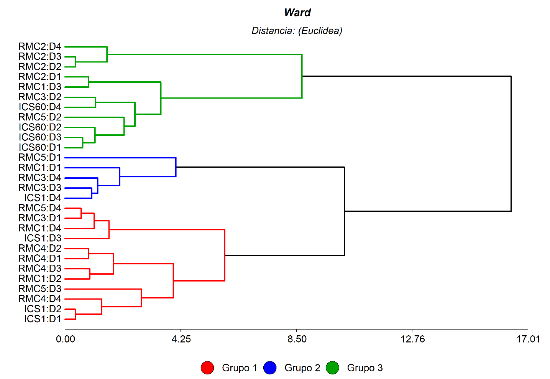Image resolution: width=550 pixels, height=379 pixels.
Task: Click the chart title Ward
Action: pyautogui.click(x=297, y=13)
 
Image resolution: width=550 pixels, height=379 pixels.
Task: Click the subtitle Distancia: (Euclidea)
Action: pyautogui.click(x=297, y=31)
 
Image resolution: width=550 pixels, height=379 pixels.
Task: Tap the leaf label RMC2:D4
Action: pyautogui.click(x=40, y=47)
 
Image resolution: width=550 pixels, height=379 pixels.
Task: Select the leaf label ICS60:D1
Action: pyautogui.click(x=40, y=148)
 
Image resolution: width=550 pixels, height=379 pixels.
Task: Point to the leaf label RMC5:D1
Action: pyautogui.click(x=40, y=158)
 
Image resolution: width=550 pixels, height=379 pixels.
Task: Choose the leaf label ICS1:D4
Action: pyautogui.click(x=43, y=198)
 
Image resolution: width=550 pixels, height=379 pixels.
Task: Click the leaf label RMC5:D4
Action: pyautogui.click(x=40, y=208)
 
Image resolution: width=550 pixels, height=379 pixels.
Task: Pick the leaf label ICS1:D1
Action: pyautogui.click(x=43, y=319)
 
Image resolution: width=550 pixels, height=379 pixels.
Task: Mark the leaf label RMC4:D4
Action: pyautogui.click(x=40, y=299)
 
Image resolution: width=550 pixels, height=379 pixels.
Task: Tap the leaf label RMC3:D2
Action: pyautogui.click(x=40, y=97)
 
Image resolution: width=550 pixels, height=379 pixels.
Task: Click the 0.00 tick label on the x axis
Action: pyautogui.click(x=66, y=339)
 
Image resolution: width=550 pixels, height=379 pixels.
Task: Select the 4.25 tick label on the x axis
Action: pyautogui.click(x=181, y=339)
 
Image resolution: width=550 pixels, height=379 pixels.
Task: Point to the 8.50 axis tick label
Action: pyautogui.click(x=297, y=339)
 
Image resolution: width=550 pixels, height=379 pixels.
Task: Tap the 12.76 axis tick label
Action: pyautogui.click(x=413, y=339)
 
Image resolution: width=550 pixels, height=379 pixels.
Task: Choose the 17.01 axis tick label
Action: pyautogui.click(x=528, y=339)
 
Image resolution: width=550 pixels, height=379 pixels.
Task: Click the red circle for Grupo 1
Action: pyautogui.click(x=207, y=368)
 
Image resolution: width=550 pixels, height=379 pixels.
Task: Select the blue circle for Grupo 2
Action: pyautogui.click(x=270, y=368)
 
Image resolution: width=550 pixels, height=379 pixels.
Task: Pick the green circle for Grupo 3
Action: pyautogui.click(x=333, y=368)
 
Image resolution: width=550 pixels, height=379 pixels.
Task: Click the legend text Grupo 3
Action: pyautogui.click(x=365, y=368)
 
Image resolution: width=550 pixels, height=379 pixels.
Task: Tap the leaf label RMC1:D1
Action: pyautogui.click(x=40, y=168)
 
